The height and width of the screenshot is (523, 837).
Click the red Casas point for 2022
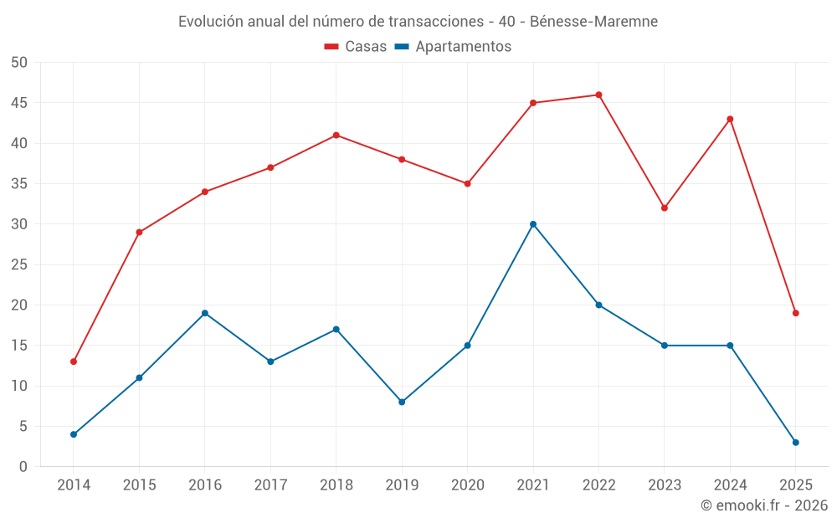point(598,95)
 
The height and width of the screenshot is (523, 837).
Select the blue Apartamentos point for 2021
point(533,224)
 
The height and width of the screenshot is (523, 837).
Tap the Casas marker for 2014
point(74,361)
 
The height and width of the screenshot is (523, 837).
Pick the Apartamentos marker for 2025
point(796,443)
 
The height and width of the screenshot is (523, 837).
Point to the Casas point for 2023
point(665,208)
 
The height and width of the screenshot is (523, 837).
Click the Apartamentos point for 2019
point(402,403)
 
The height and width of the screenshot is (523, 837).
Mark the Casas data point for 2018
point(336,135)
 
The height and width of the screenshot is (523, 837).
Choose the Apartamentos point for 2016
point(205,313)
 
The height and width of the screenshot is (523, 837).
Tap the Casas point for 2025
point(796,313)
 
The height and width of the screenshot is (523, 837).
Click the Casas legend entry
point(356,47)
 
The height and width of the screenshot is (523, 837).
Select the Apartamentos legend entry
point(453,47)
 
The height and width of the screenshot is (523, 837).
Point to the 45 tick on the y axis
point(19,103)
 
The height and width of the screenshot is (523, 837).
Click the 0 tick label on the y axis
point(23,467)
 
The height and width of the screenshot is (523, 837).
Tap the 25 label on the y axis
point(19,264)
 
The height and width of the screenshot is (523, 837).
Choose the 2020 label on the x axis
point(467,485)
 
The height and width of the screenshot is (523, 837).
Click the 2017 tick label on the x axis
point(270,485)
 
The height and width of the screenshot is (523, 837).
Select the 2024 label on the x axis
point(730,485)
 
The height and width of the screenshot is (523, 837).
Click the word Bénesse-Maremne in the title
point(593,21)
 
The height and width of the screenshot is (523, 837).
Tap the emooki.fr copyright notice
point(764,505)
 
